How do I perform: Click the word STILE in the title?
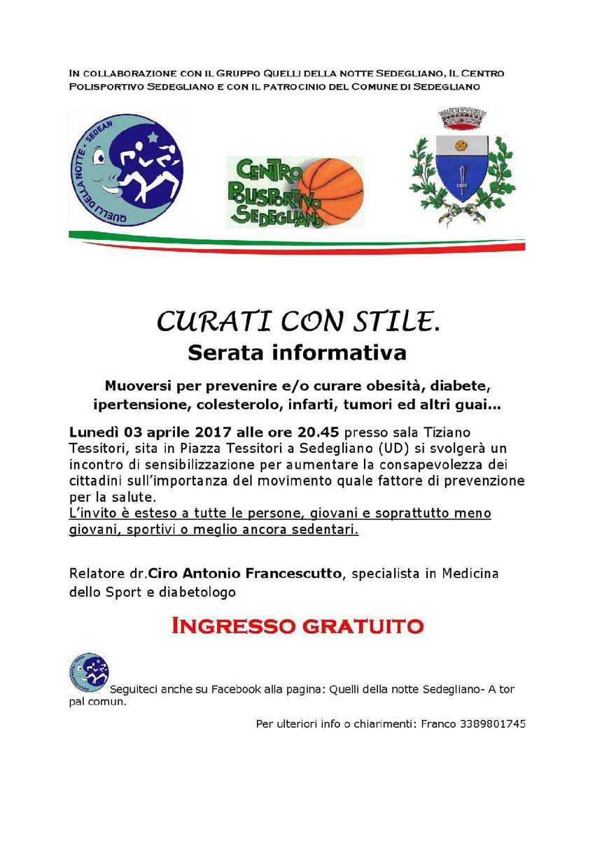400,321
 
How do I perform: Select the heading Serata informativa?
297,353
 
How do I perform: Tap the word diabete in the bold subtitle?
463,386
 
